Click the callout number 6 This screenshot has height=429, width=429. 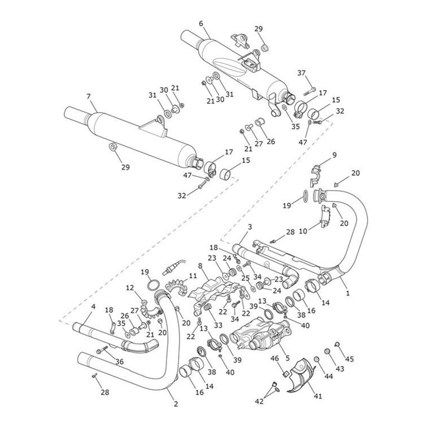[x=201, y=23]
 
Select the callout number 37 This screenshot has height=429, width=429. [x=302, y=73]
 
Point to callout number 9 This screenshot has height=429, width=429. [x=334, y=155]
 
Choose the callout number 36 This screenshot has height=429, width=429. [x=119, y=361]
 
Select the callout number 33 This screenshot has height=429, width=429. [x=218, y=325]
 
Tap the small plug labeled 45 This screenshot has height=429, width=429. [x=337, y=344]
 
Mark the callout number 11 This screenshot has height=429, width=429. [x=193, y=276]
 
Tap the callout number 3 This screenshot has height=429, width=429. [x=250, y=227]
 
